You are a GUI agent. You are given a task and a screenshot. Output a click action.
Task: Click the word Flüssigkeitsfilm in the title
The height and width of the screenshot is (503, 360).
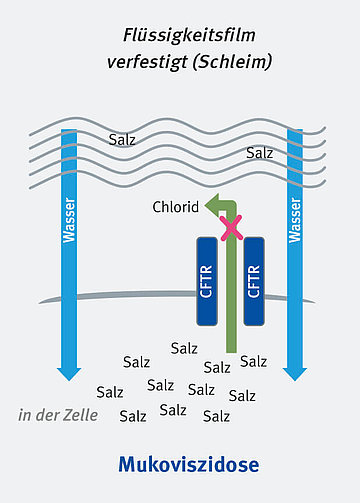[180, 36]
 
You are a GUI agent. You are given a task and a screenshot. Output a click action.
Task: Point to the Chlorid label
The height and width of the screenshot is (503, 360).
[177, 208]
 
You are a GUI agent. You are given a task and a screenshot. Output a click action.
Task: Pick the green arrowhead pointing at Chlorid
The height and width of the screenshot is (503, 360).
[212, 206]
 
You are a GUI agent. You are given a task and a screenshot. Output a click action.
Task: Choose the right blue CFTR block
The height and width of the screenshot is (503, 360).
[253, 281]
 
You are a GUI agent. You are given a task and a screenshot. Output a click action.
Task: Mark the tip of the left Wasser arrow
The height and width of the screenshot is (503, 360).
[69, 377]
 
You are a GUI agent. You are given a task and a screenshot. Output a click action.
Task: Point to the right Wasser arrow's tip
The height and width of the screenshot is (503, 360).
[294, 377]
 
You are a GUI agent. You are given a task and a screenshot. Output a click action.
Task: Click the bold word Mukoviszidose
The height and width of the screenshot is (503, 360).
[188, 464]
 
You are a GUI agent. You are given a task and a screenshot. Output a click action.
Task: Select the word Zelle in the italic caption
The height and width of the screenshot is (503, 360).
[81, 415]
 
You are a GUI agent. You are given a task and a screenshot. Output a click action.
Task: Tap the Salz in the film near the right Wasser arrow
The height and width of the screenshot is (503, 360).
[259, 153]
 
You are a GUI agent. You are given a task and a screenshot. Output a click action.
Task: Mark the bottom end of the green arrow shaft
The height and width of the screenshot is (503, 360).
[232, 350]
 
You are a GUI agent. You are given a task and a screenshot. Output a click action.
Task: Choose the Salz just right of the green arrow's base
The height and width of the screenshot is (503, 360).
[254, 361]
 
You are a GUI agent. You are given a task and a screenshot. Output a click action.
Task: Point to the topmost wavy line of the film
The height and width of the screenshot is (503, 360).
[180, 127]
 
